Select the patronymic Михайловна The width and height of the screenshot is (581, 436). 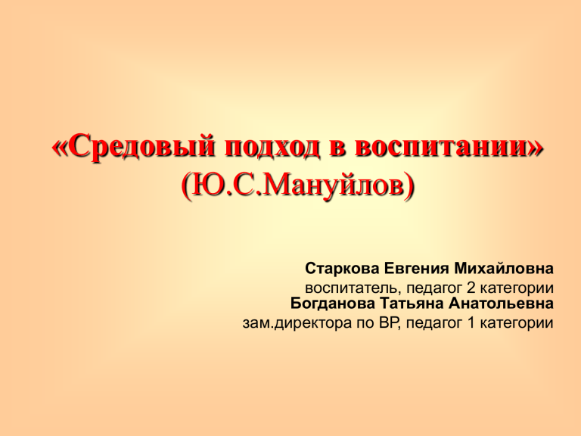click(504, 268)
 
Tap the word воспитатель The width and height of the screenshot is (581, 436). click(352, 288)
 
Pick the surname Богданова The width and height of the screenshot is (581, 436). click(333, 304)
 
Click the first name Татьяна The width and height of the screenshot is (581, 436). click(412, 304)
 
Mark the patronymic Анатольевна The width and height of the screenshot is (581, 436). click(502, 304)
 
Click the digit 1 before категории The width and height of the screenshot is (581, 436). click(471, 323)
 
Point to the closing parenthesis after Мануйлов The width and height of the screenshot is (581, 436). click(409, 186)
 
